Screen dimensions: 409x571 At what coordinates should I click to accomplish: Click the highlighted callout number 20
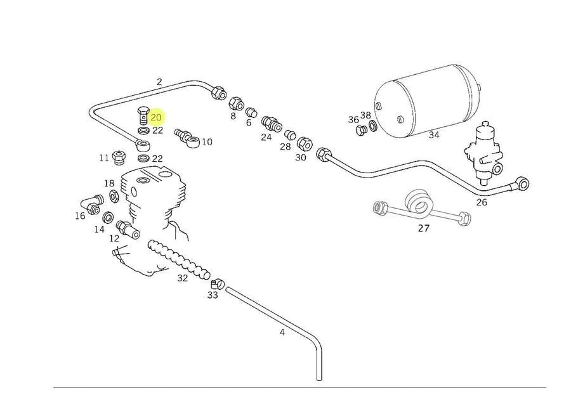point(156,117)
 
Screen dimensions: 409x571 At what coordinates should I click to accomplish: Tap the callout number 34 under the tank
point(434,135)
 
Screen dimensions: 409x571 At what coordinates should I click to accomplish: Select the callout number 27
point(423,228)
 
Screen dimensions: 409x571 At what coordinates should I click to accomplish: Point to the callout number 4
point(282,332)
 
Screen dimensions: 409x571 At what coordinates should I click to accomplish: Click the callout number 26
point(482,202)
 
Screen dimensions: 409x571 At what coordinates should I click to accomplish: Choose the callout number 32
point(183,278)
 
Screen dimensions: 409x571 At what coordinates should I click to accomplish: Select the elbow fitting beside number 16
point(91,202)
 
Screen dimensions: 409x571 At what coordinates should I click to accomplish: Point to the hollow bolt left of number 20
point(143,117)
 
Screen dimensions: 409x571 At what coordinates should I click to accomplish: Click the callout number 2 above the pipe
point(159,82)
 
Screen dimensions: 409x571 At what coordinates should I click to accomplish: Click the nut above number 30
point(305,141)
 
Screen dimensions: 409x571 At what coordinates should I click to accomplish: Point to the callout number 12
point(114,238)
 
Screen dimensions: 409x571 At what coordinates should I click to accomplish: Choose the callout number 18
point(109,183)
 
